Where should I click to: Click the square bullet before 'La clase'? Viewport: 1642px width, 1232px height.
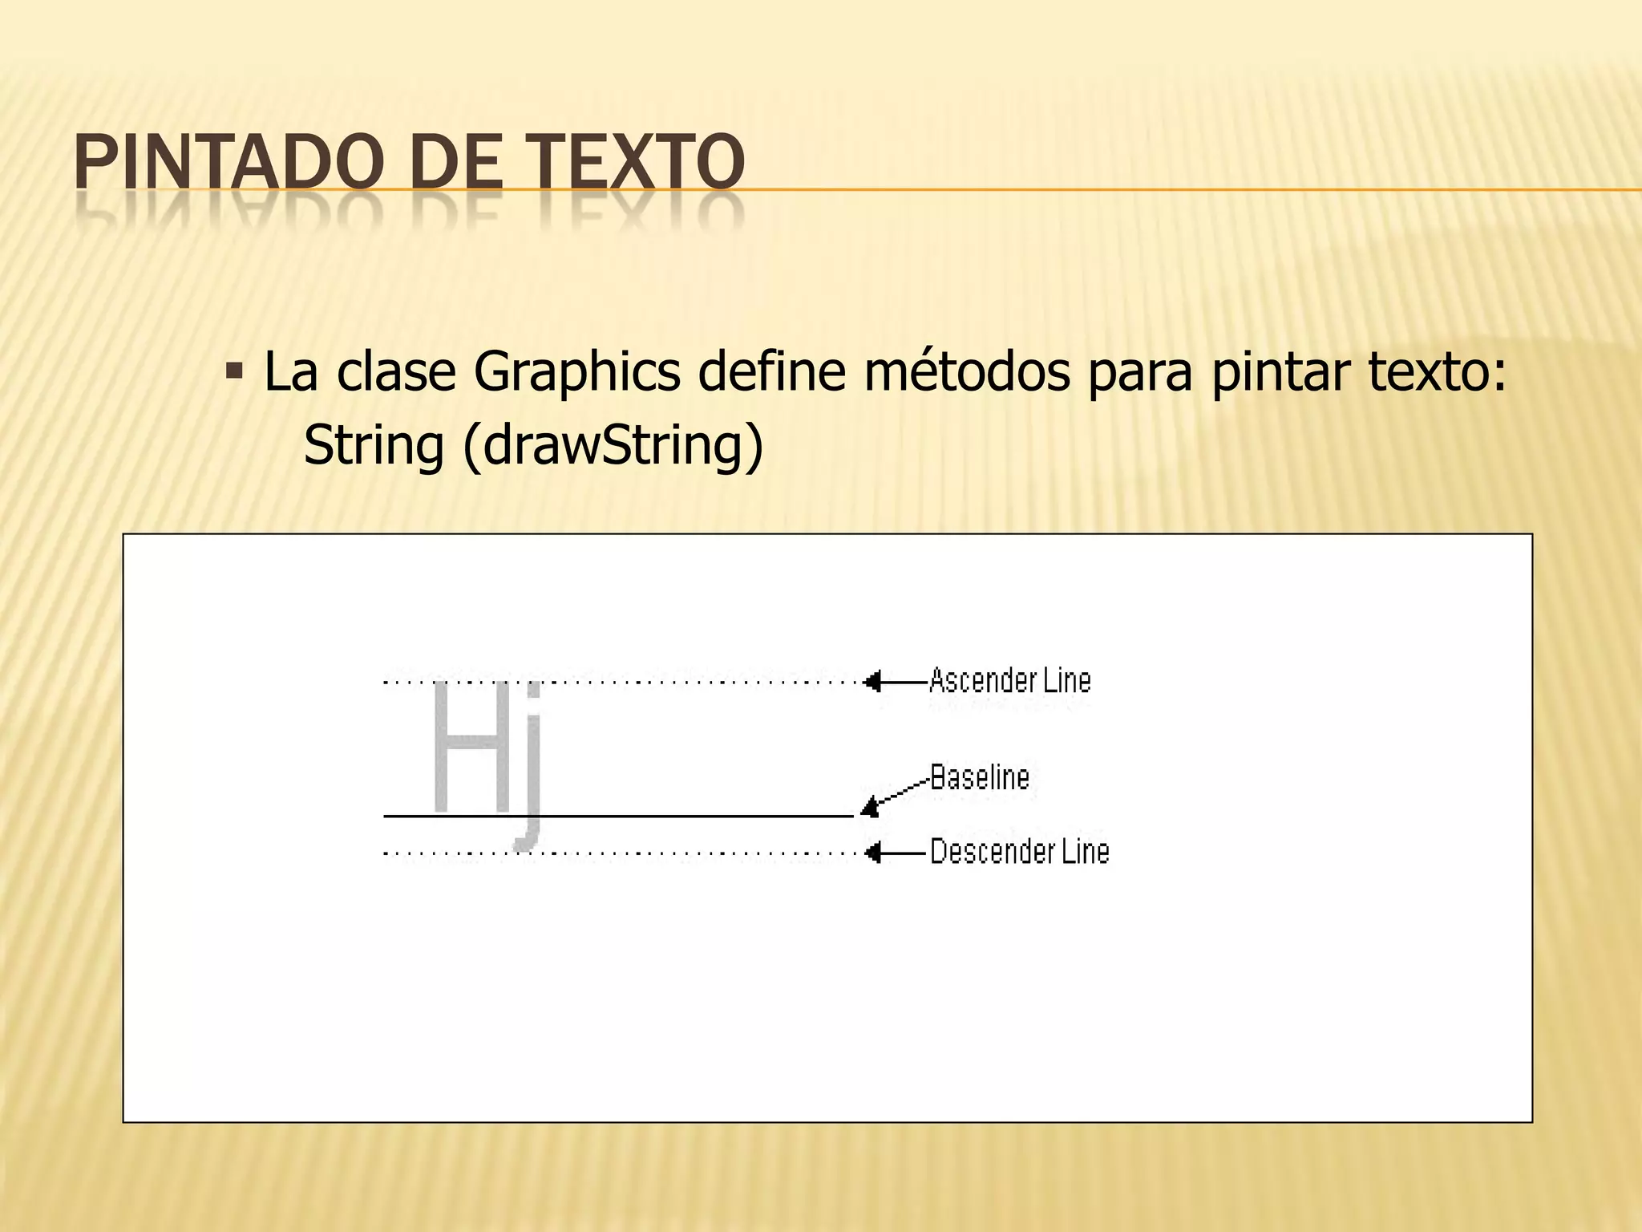(234, 371)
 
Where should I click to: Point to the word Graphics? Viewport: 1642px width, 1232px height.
(576, 373)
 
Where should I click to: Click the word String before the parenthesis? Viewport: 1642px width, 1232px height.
(374, 446)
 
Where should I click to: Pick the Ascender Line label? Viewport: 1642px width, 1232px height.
(1010, 681)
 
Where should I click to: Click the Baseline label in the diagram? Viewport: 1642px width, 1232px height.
(980, 777)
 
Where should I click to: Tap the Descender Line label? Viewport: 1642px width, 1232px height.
(1020, 851)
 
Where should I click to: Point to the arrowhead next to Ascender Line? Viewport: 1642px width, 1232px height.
(873, 682)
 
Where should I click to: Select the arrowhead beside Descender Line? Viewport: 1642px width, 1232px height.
(873, 852)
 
